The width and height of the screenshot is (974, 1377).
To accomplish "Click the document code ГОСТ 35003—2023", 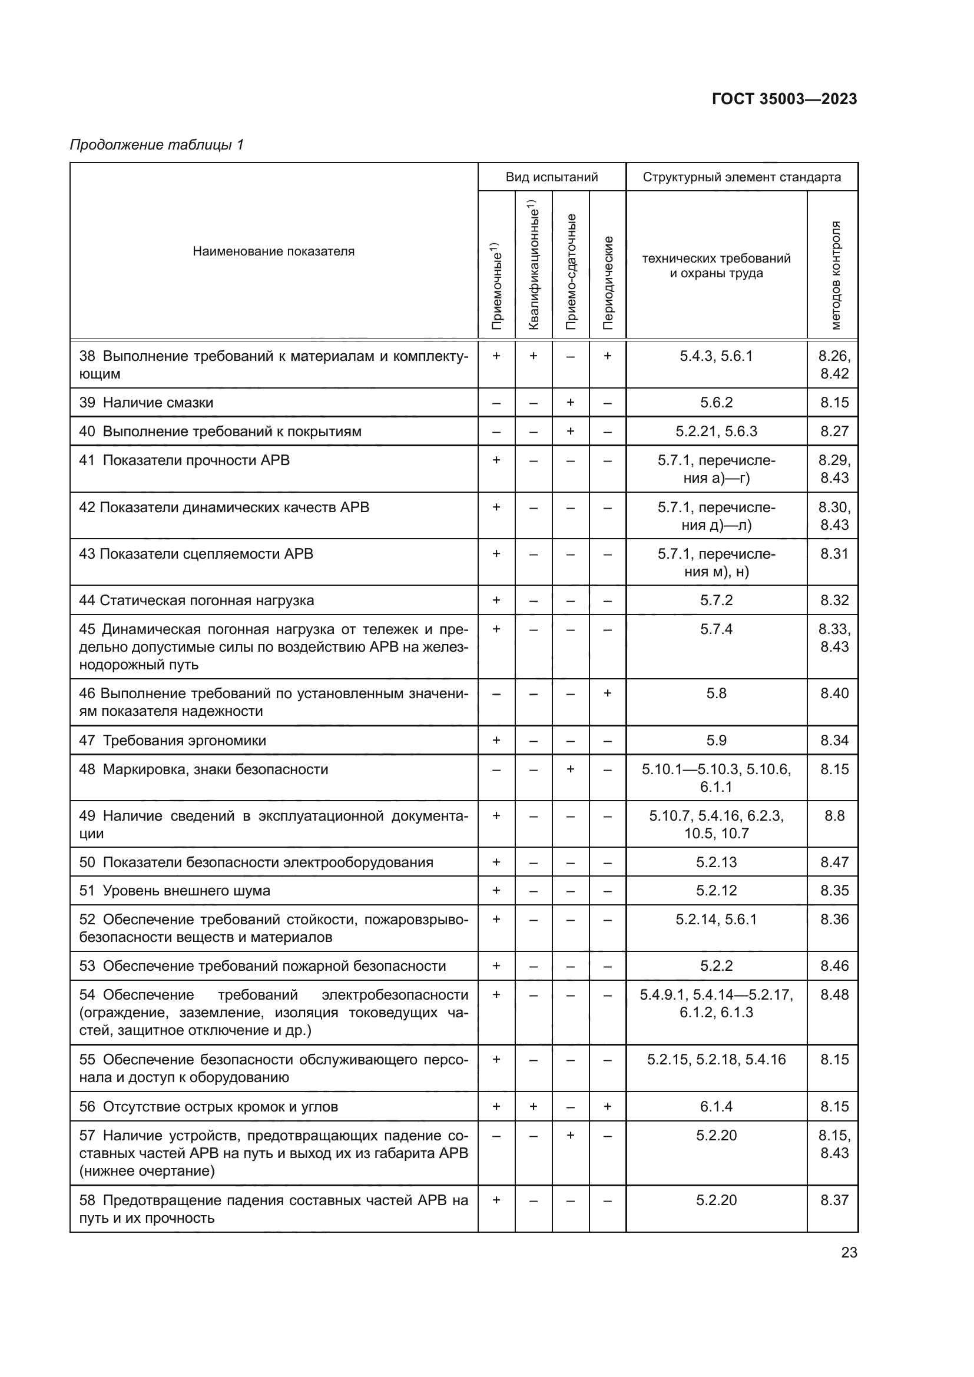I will pyautogui.click(x=784, y=99).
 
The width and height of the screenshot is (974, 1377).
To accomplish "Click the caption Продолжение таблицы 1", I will pyautogui.click(x=157, y=145).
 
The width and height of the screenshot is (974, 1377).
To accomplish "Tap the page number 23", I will pyautogui.click(x=849, y=1252).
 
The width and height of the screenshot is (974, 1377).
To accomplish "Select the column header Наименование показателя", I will pyautogui.click(x=273, y=251).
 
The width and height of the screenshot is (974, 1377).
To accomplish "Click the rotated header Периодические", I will pyautogui.click(x=608, y=282).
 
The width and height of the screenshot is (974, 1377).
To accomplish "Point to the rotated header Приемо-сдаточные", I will pyautogui.click(x=571, y=271).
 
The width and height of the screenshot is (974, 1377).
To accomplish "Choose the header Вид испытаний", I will pyautogui.click(x=552, y=177).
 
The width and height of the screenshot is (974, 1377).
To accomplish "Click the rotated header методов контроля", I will pyautogui.click(x=835, y=275).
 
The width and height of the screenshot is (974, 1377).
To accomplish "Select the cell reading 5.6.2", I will pyautogui.click(x=716, y=403).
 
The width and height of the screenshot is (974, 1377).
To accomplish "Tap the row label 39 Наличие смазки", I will pyautogui.click(x=147, y=403).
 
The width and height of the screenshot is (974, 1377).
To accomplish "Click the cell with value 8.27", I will pyautogui.click(x=834, y=431).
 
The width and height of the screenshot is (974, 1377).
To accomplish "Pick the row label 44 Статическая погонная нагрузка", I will pyautogui.click(x=197, y=600).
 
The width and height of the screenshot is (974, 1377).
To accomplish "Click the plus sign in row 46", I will pyautogui.click(x=608, y=694).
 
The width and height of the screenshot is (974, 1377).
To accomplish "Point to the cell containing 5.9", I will pyautogui.click(x=716, y=740).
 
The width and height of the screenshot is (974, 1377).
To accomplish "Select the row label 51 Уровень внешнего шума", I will pyautogui.click(x=174, y=891).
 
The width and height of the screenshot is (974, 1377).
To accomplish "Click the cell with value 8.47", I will pyautogui.click(x=834, y=862).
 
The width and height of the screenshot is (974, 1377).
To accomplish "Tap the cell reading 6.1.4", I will pyautogui.click(x=716, y=1107).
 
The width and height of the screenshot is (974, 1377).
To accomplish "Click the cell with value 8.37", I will pyautogui.click(x=834, y=1200).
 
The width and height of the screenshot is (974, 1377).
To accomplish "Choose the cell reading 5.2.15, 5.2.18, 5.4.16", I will pyautogui.click(x=716, y=1060).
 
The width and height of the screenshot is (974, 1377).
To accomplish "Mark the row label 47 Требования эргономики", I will pyautogui.click(x=173, y=740).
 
